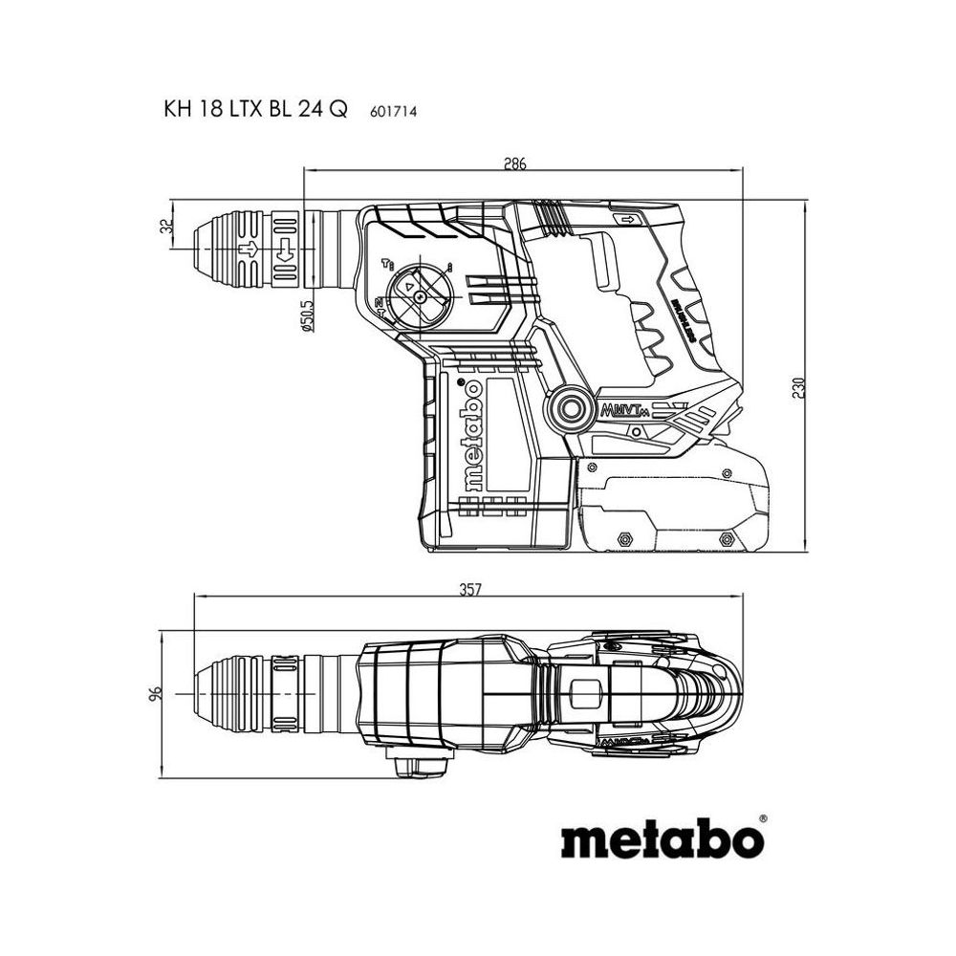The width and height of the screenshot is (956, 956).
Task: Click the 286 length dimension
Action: pyautogui.click(x=515, y=162)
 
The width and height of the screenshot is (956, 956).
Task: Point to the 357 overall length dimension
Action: pyautogui.click(x=467, y=590)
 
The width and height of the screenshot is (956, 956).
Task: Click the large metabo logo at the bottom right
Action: pyautogui.click(x=662, y=842)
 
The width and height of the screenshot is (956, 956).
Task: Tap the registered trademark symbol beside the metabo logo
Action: pyautogui.click(x=762, y=818)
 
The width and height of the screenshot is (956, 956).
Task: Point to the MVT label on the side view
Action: pyautogui.click(x=621, y=412)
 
